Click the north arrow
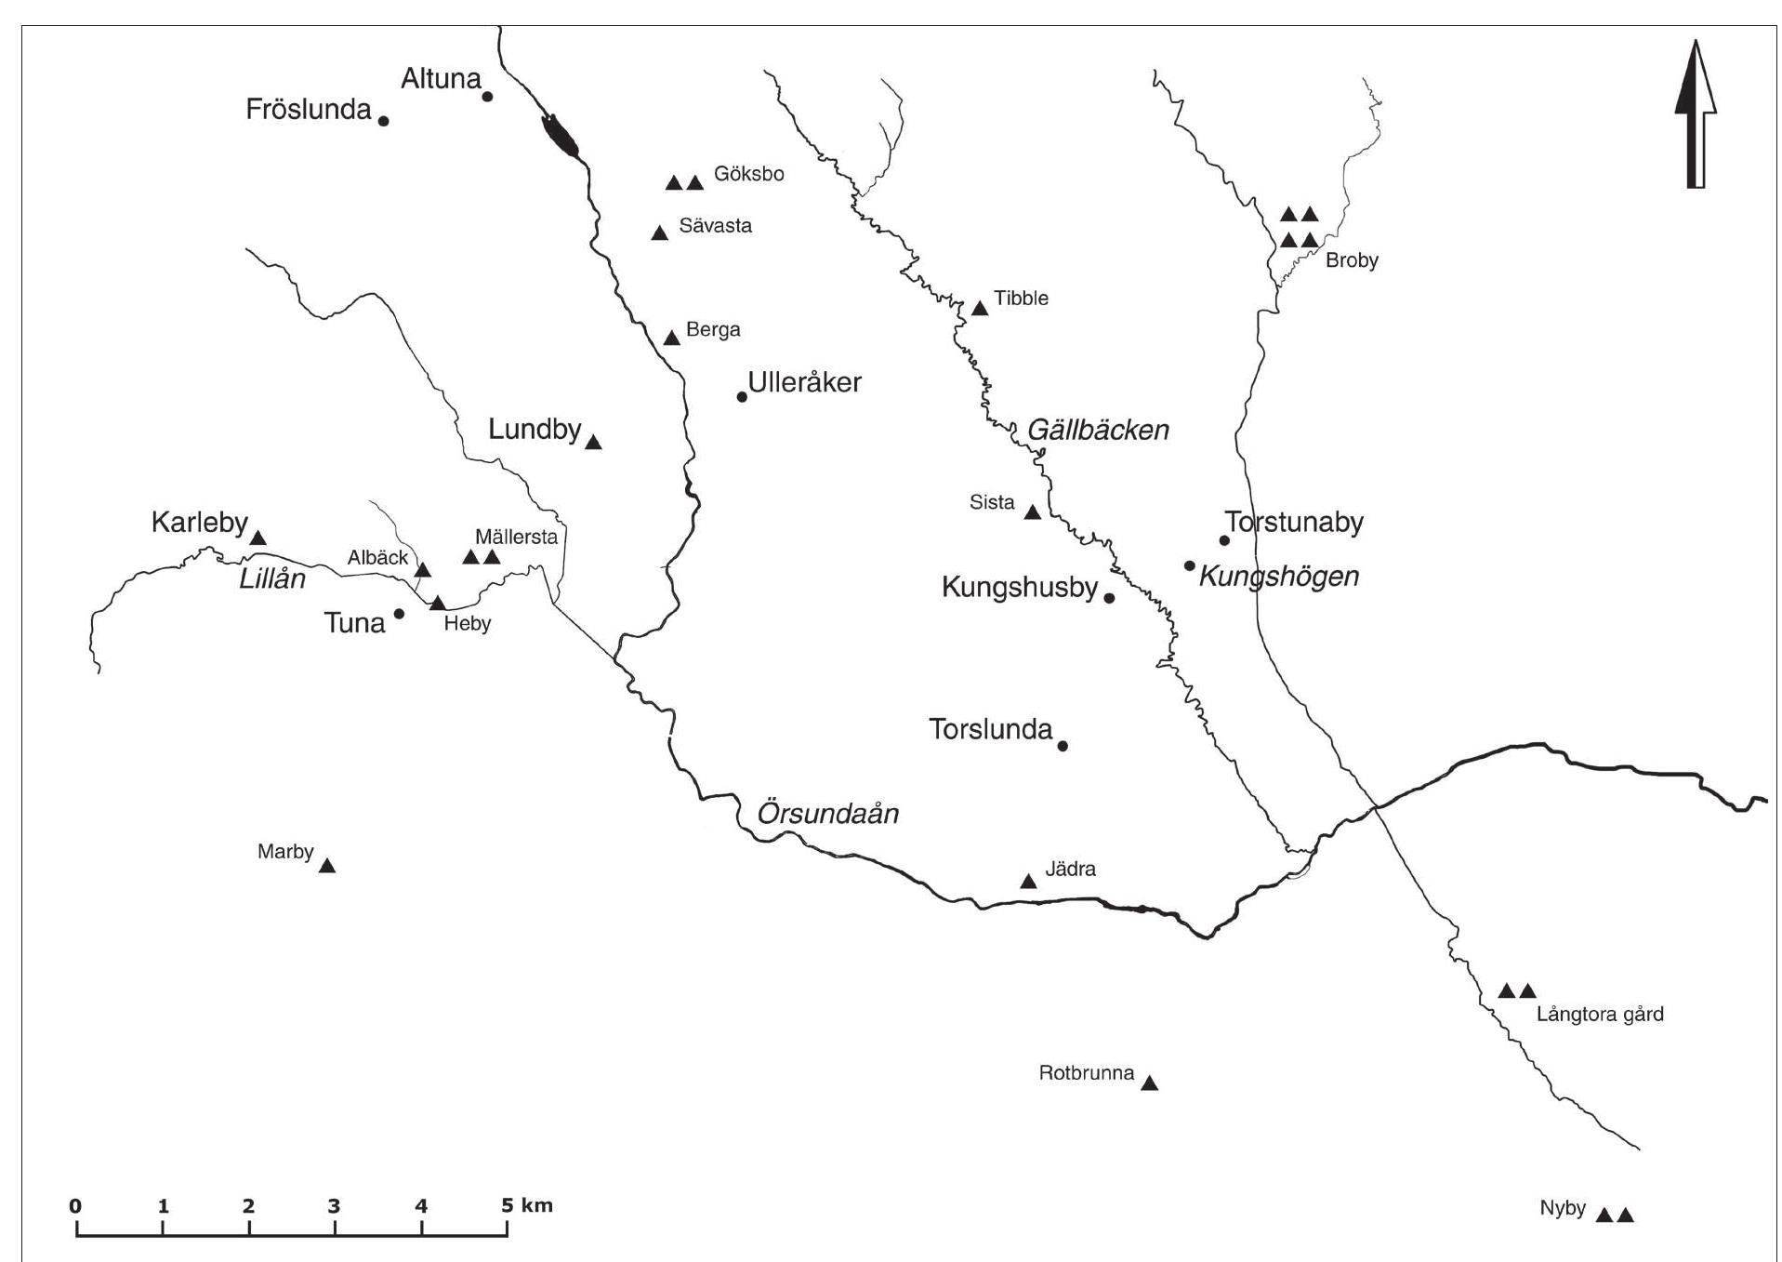coord(1696,116)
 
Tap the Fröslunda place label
coord(309,110)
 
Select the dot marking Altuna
coord(487,96)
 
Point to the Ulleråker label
coord(805,382)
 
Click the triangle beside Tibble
coord(980,309)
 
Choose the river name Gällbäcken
coord(1098,430)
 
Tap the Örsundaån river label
coord(828,814)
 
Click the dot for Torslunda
coord(1063,746)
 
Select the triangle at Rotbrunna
coord(1150,1083)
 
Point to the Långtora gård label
coord(1600,1015)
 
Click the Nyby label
coord(1563,1209)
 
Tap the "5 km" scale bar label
coord(526,1206)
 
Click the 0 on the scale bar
coord(75,1207)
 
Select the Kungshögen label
coord(1279,577)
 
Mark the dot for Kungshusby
coord(1109,598)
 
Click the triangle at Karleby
coord(258,538)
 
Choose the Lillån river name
coord(272,578)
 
